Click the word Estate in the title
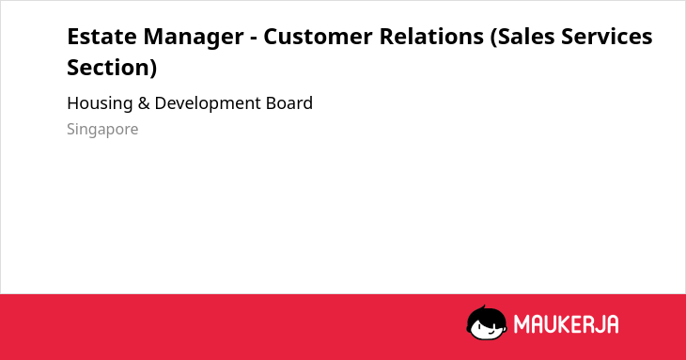[101, 37]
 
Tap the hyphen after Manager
[254, 39]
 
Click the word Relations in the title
[431, 37]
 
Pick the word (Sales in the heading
[522, 37]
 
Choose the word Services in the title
[607, 37]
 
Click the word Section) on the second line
[112, 68]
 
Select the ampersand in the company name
[144, 103]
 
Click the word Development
[208, 103]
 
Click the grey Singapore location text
[102, 130]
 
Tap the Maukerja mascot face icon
[487, 323]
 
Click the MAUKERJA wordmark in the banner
[566, 324]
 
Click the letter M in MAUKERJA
[522, 324]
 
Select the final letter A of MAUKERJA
[612, 324]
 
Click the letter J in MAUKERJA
[599, 324]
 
